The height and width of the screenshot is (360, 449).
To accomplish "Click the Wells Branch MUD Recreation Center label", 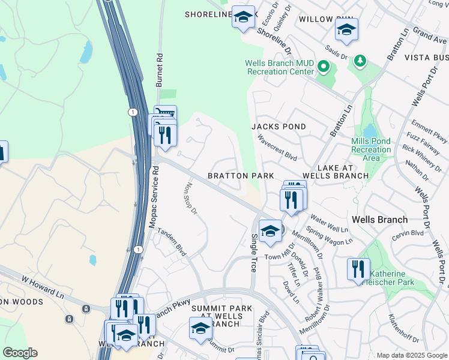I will [x=279, y=67].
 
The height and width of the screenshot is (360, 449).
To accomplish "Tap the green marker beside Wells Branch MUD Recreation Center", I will [x=324, y=67].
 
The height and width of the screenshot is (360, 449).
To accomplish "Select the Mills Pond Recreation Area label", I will [x=371, y=149].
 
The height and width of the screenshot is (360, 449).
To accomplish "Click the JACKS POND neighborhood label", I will [x=279, y=127].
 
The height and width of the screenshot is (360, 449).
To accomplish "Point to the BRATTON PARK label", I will [x=241, y=176].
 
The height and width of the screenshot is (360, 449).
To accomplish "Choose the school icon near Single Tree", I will [x=270, y=231].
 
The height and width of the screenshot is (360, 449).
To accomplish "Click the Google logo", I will [x=20, y=353].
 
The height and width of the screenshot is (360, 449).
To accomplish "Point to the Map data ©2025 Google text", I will [x=411, y=355].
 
